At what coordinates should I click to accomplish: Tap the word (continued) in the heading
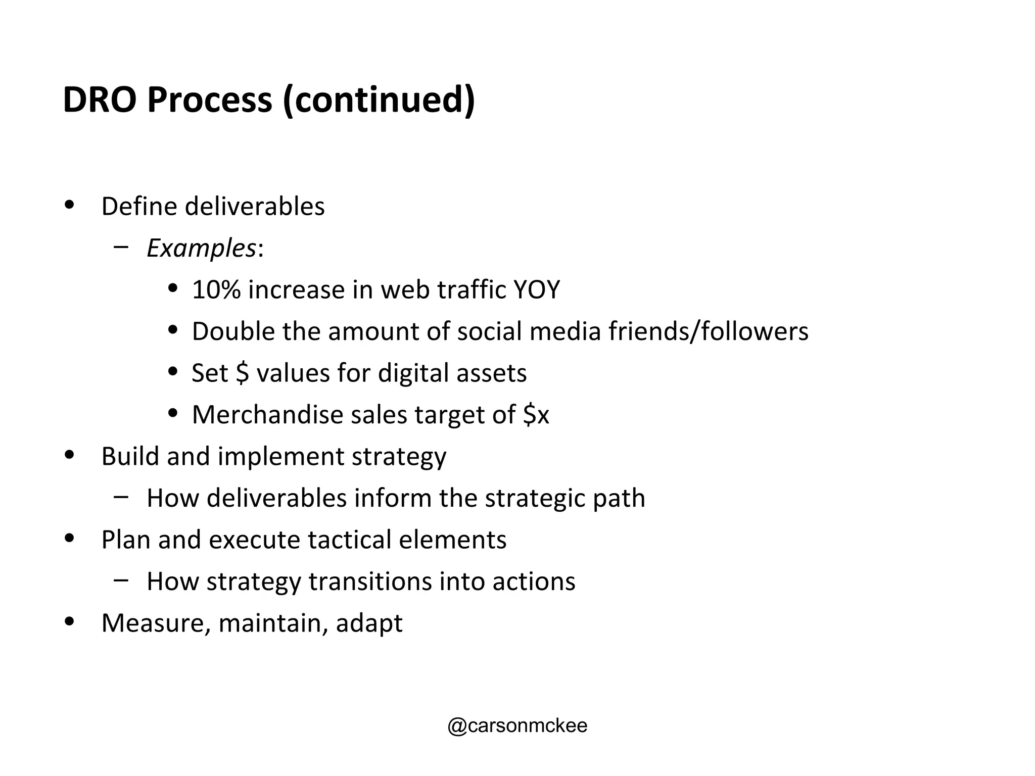point(379,100)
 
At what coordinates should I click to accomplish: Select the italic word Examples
point(201,249)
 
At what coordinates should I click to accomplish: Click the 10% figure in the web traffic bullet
point(216,290)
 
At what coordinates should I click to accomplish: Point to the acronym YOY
point(536,290)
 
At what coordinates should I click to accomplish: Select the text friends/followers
point(708,332)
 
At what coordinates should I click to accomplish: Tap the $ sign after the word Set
point(242,373)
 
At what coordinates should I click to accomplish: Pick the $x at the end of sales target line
point(535,415)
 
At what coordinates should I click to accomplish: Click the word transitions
point(370,581)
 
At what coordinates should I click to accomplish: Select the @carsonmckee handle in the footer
point(517,725)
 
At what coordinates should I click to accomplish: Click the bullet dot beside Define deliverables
point(70,205)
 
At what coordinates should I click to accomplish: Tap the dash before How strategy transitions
point(121,580)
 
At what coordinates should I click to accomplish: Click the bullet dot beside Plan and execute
point(70,538)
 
